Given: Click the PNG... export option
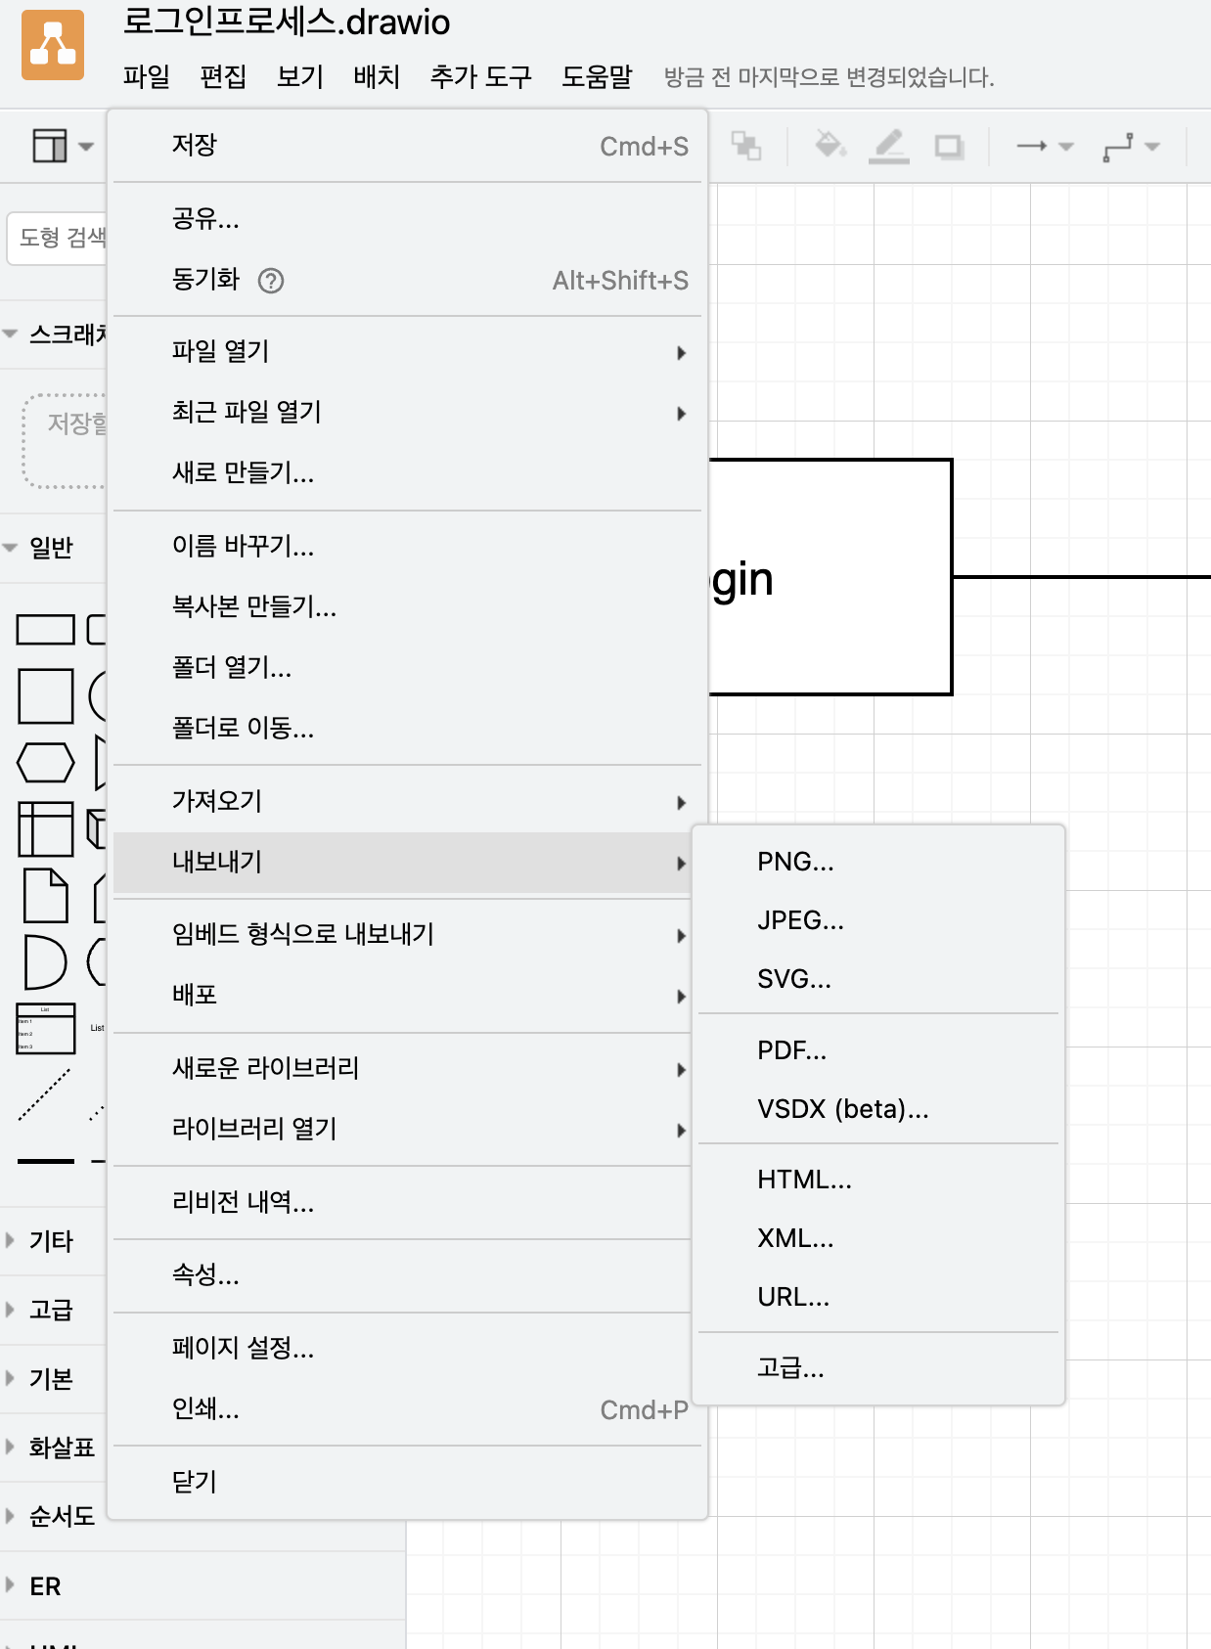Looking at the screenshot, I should coord(795,862).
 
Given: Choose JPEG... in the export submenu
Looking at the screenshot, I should coord(800,920).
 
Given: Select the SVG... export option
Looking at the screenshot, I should coord(794,979).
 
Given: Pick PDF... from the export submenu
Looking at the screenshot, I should coord(791,1050).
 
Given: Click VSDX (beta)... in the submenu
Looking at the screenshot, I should coord(842,1109).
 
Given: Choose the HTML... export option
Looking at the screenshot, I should coord(804,1180).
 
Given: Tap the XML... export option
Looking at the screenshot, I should coord(795,1238).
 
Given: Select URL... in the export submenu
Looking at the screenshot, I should coord(793,1297).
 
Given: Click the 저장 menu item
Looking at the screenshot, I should coord(195,146).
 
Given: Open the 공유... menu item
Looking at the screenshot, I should coord(205,218).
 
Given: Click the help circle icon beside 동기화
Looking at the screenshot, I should coord(271,281).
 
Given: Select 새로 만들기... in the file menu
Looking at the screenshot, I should coord(243,473).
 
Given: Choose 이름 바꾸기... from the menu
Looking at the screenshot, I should coord(243,546).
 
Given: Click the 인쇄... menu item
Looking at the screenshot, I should coord(205,1409).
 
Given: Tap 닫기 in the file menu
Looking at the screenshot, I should coord(195,1482).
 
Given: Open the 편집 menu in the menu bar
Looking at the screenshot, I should coord(223,76).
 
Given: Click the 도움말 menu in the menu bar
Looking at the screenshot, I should coord(597,76).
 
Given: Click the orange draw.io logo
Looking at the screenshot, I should coord(53,45).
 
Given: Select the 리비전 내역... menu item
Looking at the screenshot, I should coord(243,1202).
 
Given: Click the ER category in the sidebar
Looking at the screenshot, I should coord(45,1585).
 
